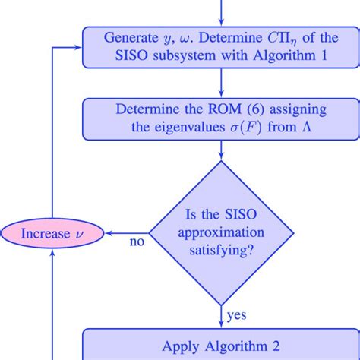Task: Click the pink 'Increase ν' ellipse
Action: pos(52,233)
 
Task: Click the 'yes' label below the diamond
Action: pos(235,314)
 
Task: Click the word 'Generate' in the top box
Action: pos(133,36)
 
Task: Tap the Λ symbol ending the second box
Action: pos(311,126)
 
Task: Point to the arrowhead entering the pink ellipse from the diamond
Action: pos(107,232)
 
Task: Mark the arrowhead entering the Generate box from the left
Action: pos(79,46)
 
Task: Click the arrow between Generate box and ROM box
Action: pos(220,81)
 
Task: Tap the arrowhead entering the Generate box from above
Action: pos(220,22)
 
